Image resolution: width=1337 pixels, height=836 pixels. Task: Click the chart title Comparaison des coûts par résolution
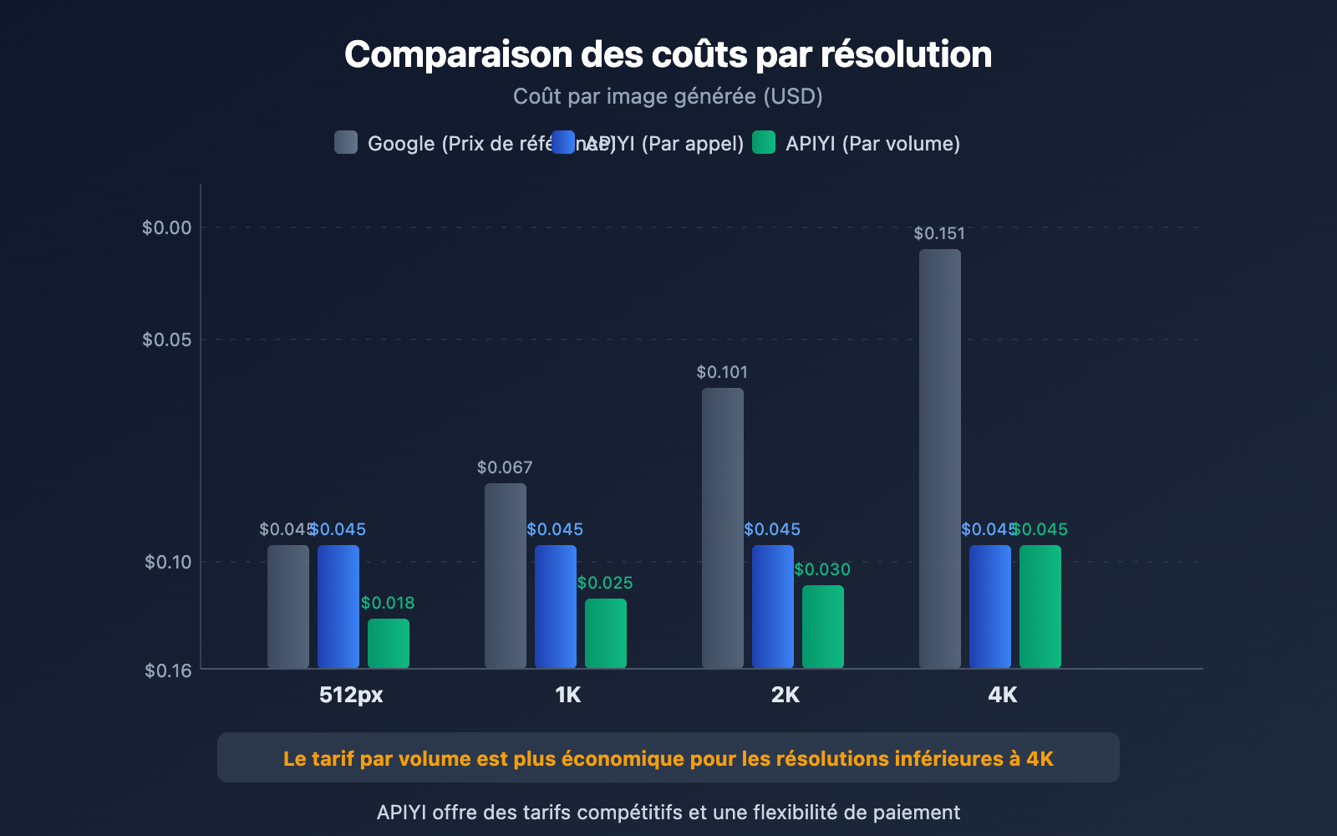click(668, 55)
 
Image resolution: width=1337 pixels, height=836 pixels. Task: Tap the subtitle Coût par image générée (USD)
click(668, 96)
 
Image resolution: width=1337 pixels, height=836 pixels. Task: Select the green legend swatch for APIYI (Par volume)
click(764, 142)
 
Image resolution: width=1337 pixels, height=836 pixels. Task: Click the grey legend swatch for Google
click(346, 142)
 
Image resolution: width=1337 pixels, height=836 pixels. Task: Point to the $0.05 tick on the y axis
click(166, 339)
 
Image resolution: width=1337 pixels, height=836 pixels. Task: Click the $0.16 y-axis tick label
click(168, 670)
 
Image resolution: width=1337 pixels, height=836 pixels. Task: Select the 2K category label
click(785, 695)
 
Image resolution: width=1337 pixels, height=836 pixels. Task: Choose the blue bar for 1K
click(556, 606)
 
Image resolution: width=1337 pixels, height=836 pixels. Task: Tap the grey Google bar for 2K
click(723, 528)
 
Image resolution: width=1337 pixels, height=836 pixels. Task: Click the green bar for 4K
click(1040, 606)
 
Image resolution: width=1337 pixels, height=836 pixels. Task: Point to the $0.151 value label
click(939, 233)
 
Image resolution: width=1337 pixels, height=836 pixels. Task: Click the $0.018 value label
click(388, 603)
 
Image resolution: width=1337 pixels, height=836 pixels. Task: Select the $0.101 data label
click(722, 372)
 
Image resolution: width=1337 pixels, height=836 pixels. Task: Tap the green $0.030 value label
click(822, 569)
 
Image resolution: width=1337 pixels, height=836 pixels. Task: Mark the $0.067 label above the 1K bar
click(505, 467)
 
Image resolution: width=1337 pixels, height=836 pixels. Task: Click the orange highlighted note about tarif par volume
click(668, 758)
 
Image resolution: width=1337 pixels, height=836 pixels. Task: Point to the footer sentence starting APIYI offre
click(668, 813)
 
